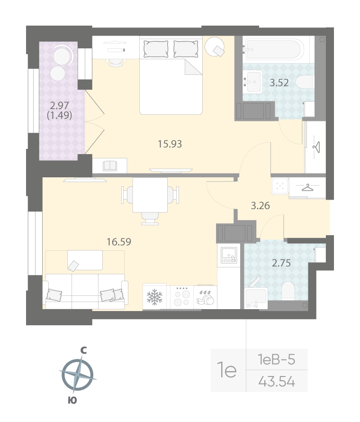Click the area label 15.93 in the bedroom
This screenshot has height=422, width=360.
pos(170,144)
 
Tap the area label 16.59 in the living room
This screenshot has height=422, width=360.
pos(119,242)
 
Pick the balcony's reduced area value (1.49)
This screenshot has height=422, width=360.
pos(59,115)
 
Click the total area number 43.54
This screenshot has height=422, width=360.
pos(277,381)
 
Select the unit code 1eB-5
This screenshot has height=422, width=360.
pos(277,360)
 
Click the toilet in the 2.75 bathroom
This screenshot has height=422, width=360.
pos(288,290)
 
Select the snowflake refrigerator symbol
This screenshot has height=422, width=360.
pos(154,297)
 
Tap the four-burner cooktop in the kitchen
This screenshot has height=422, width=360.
pos(180,297)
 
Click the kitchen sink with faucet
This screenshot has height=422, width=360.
pos(229,257)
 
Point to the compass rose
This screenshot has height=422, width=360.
pos(77,375)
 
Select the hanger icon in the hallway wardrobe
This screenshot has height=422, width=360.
pos(308,188)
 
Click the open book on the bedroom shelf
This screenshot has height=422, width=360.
pos(110,165)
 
